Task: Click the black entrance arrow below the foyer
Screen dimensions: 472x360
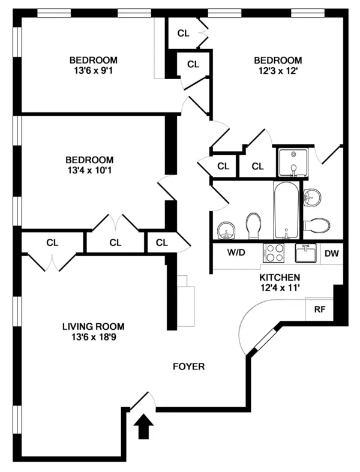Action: point(143,428)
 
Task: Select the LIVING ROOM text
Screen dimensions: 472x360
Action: point(93,327)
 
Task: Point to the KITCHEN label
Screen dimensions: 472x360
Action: point(279,278)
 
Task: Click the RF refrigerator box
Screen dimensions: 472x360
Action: point(320,309)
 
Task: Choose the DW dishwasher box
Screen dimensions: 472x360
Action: point(332,253)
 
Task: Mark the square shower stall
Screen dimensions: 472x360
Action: point(293,163)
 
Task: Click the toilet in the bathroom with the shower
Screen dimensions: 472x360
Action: point(316,226)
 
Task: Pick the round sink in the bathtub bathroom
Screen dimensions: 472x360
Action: point(226,228)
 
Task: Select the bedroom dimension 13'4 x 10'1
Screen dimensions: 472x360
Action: point(89,170)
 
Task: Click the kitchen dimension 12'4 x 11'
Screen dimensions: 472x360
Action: point(279,288)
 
